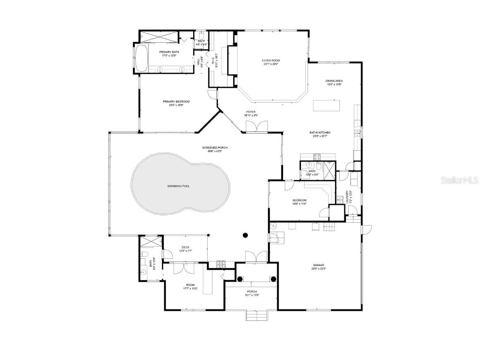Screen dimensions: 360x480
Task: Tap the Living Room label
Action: pos(271,60)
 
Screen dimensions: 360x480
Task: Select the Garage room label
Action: pos(318,265)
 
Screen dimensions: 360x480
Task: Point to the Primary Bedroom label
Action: pos(176,101)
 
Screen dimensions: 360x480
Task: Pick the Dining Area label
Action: pos(334,81)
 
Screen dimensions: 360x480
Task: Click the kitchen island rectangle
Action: pos(326,106)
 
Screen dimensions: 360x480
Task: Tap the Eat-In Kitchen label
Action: pos(320,132)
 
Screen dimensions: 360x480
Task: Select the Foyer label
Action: pos(251,112)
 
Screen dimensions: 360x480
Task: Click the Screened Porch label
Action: pos(215,148)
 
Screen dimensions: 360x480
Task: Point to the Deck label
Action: pos(185,247)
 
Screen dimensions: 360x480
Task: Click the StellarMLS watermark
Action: pos(459,180)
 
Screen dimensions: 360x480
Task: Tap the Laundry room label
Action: pos(347,197)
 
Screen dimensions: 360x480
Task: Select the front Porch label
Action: pos(252,291)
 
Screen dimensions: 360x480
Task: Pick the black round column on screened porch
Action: pos(245,235)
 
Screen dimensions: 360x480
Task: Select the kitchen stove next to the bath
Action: pos(317,157)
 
